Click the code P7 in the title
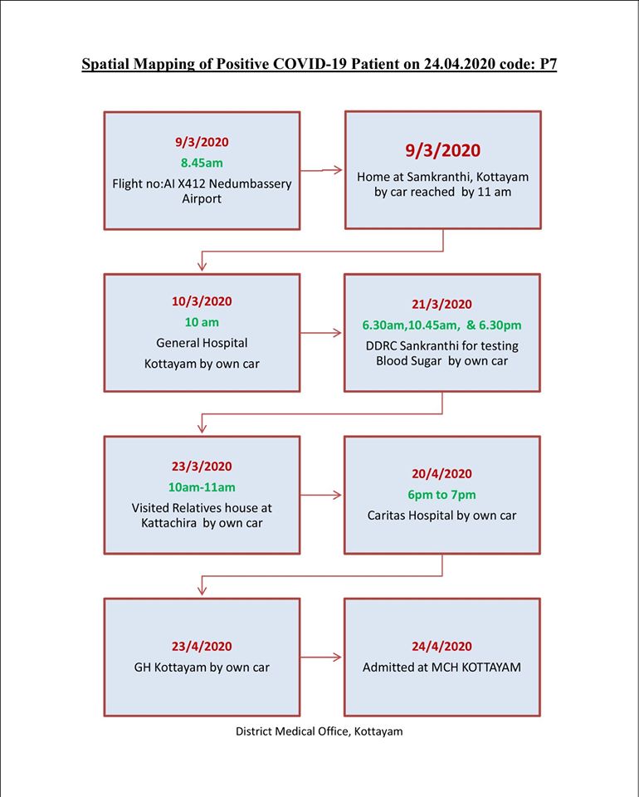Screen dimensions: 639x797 [x=547, y=64]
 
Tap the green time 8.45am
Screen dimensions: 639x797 [x=202, y=163]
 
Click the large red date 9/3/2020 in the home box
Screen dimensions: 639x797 [x=442, y=150]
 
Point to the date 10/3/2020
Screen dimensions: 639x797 [x=202, y=301]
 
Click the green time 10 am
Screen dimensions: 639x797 [x=202, y=322]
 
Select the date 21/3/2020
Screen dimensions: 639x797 [x=442, y=304]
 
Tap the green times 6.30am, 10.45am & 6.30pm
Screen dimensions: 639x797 [x=442, y=325]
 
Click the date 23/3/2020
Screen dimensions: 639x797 [x=202, y=466]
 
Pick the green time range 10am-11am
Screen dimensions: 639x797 [x=202, y=487]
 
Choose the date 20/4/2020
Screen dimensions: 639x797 [x=442, y=474]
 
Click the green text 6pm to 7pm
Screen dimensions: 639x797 [x=442, y=495]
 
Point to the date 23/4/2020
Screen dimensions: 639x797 [x=202, y=646]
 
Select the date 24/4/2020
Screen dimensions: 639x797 [x=442, y=646]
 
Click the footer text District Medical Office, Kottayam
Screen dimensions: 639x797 [x=319, y=731]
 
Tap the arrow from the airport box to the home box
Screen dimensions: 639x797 [x=321, y=170]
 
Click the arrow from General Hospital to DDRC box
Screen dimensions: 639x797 [x=321, y=333]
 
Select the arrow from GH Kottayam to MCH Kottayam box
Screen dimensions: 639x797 [x=321, y=658]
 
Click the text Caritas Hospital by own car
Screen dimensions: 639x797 [x=442, y=516]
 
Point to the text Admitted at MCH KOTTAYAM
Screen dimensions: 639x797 [x=442, y=667]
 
